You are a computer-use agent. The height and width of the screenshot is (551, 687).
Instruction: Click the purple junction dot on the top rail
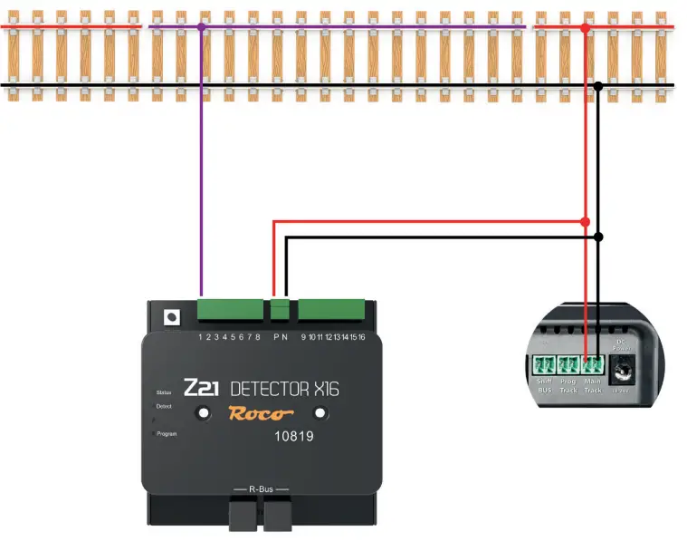click(x=201, y=28)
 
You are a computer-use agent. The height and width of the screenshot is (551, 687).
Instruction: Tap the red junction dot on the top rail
click(x=586, y=29)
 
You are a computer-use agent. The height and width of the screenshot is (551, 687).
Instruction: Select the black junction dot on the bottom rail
click(x=598, y=87)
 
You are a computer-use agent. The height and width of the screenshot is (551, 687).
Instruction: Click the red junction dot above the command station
click(x=586, y=221)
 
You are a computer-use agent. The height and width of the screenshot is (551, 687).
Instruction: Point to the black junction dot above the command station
click(x=598, y=237)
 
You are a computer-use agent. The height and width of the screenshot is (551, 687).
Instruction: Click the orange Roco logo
click(x=260, y=414)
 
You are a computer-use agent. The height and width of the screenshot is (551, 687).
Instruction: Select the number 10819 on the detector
click(x=295, y=436)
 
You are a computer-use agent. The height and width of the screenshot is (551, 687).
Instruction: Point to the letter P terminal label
click(x=274, y=337)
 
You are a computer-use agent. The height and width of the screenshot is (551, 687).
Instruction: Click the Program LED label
click(x=168, y=434)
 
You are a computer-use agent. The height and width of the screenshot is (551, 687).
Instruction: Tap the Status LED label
click(x=164, y=392)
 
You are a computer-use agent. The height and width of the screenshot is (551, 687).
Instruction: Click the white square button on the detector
click(x=168, y=318)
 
